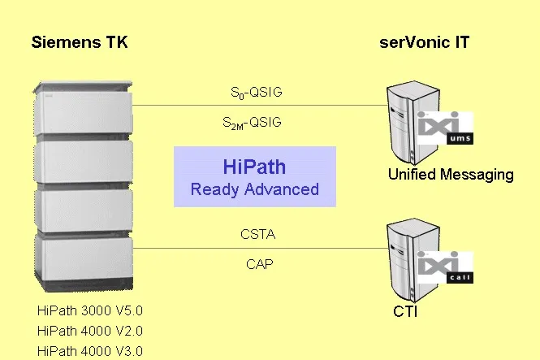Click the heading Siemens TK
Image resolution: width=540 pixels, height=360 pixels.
[x=80, y=42]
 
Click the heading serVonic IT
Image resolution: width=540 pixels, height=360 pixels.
[x=424, y=42]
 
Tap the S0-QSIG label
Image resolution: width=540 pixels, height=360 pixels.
[x=257, y=93]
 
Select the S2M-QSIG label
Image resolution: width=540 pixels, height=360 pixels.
[x=252, y=123]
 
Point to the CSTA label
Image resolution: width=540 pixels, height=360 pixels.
[x=258, y=235]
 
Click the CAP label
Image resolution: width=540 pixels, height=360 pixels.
[x=260, y=264]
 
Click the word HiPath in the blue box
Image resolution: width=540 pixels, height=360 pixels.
[x=254, y=167]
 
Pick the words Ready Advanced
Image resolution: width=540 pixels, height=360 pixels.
[x=255, y=189]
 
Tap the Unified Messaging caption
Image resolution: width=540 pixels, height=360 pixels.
[x=451, y=175]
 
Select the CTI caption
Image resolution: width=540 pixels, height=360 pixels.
[x=405, y=312]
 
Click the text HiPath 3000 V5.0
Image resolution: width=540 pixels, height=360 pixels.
[x=90, y=310]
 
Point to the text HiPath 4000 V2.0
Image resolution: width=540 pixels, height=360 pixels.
[x=90, y=331]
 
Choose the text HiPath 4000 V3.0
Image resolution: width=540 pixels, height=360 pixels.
[x=90, y=351]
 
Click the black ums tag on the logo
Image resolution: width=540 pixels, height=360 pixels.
[x=460, y=138]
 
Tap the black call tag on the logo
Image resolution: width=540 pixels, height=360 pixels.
[x=460, y=278]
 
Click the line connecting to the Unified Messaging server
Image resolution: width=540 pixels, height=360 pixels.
[x=260, y=105]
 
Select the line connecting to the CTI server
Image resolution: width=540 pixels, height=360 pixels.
[x=260, y=248]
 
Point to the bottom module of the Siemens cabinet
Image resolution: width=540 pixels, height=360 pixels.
[x=84, y=262]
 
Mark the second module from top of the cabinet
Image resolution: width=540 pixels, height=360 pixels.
[x=84, y=161]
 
